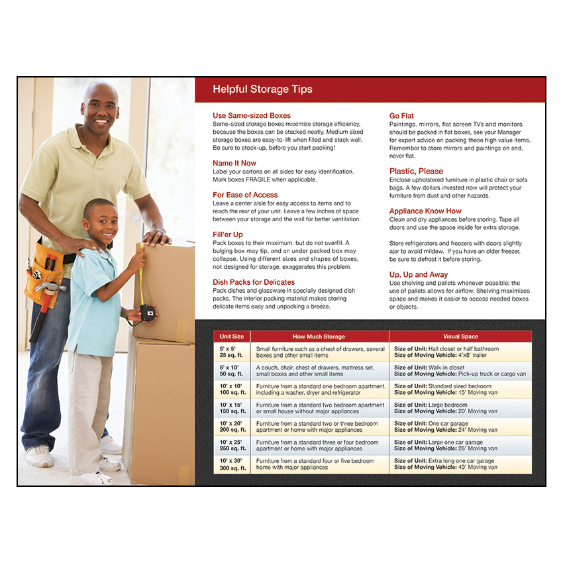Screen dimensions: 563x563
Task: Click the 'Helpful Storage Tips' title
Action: point(262,89)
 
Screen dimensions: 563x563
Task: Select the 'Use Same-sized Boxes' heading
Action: point(251,116)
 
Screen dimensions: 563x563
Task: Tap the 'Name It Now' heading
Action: point(234,163)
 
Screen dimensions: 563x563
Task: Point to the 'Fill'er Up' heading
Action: point(228,234)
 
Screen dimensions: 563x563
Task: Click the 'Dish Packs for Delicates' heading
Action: point(254,282)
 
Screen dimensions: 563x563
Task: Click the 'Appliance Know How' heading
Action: point(425,211)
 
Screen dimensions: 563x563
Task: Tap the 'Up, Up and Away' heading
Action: point(419,274)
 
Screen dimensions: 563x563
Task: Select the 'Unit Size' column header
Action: point(232,336)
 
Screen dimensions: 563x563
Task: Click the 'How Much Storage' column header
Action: point(319,336)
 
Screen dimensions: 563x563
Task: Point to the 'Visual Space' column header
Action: point(460,336)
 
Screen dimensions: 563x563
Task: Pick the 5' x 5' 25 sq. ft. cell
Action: point(232,352)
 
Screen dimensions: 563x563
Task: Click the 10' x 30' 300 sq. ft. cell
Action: point(232,464)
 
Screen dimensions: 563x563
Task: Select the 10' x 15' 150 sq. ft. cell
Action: point(232,408)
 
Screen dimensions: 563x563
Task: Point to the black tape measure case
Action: point(148,313)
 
